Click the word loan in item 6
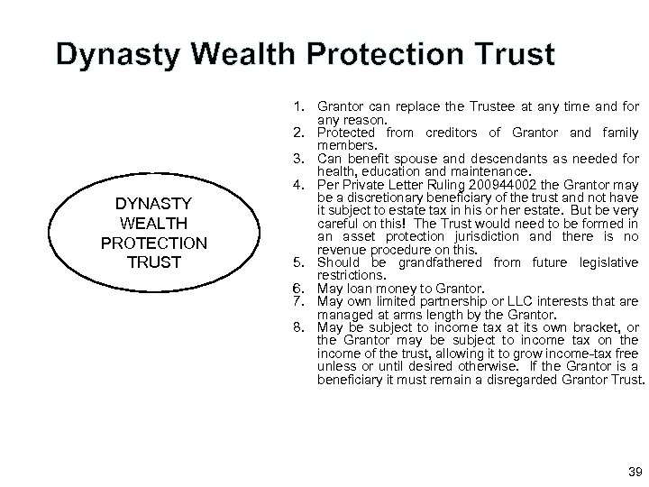(x=360, y=288)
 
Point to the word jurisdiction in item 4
(x=483, y=237)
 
